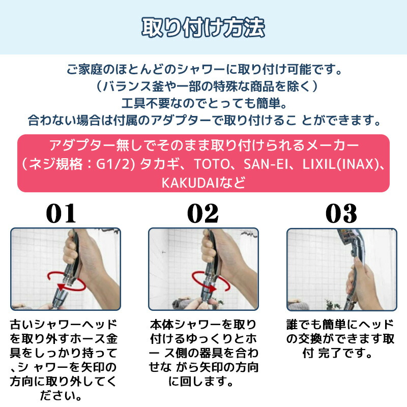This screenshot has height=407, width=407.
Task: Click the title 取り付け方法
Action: coord(203,27)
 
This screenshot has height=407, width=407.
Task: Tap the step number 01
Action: coord(61,213)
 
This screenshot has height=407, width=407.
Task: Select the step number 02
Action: coord(202,213)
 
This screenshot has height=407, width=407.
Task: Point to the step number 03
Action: coord(341,213)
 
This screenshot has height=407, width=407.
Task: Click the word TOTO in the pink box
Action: coord(212,164)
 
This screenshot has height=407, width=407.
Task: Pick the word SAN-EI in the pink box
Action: coord(266,164)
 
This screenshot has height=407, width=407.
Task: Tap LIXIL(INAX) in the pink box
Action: coord(341,164)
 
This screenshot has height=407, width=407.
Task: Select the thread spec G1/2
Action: coord(115,164)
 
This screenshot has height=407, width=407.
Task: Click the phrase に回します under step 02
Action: coord(197,382)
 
